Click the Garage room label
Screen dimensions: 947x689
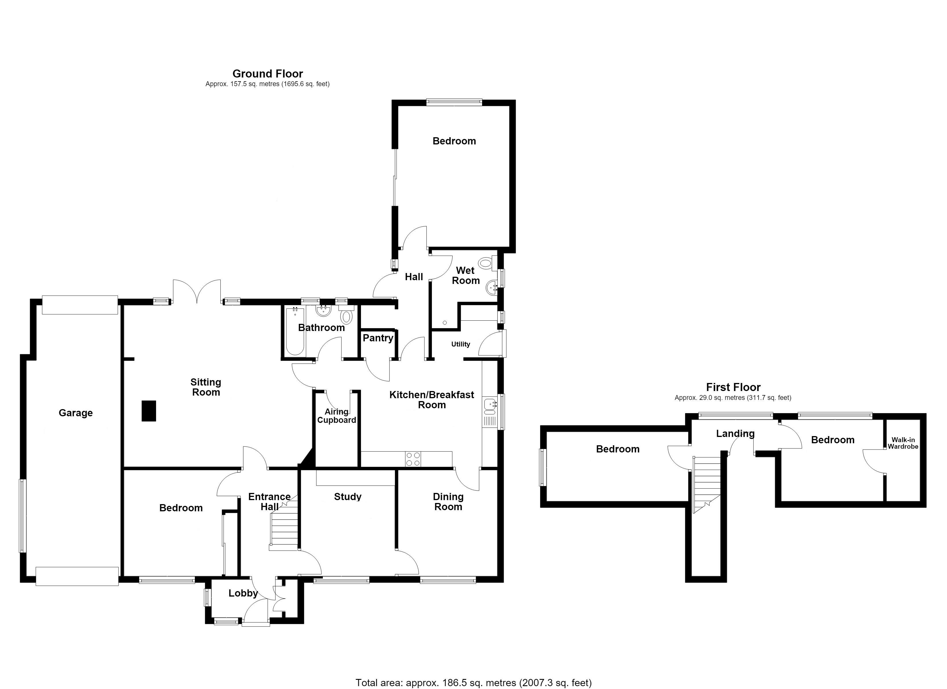pos(75,413)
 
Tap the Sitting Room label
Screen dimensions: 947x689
pos(206,387)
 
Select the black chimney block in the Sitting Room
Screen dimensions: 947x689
pos(149,411)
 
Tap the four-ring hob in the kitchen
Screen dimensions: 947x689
pos(413,459)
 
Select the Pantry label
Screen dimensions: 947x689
pos(378,338)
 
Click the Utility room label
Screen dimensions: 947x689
pos(461,344)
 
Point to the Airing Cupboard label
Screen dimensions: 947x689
pos(337,416)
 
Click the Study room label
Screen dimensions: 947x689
pos(348,497)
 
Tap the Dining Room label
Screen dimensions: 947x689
pos(448,502)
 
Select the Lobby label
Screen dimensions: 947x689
pos(243,593)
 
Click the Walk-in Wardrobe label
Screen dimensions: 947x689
pos(903,443)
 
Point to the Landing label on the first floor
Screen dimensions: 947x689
pos(735,434)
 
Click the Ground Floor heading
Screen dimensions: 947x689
pos(268,74)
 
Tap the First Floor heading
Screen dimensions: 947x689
pos(733,387)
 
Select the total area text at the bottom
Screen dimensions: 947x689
pos(473,683)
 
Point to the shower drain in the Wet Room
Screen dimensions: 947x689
pos(445,323)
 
